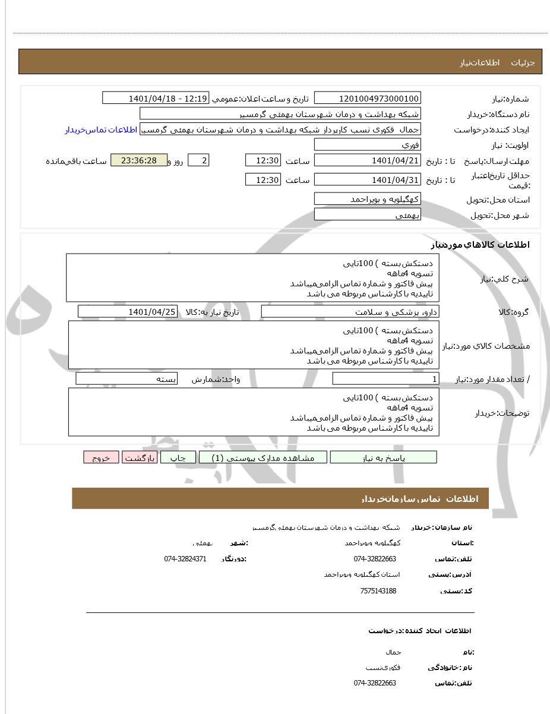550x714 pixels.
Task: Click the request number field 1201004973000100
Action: tap(367, 98)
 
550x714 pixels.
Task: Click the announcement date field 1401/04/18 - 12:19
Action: tap(156, 98)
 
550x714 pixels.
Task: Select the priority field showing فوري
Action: tap(367, 145)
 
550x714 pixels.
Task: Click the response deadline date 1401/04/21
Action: tap(367, 160)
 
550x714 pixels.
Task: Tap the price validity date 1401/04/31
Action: tap(367, 179)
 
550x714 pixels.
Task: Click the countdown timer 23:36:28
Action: tap(139, 160)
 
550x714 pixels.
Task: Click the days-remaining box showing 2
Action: tap(198, 160)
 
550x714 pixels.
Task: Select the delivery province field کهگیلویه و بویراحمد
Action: tap(367, 199)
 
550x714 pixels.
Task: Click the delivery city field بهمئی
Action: tap(367, 214)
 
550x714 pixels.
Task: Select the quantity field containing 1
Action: tap(385, 379)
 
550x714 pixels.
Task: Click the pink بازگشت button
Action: tap(140, 457)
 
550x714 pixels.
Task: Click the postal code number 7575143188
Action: tap(378, 591)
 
